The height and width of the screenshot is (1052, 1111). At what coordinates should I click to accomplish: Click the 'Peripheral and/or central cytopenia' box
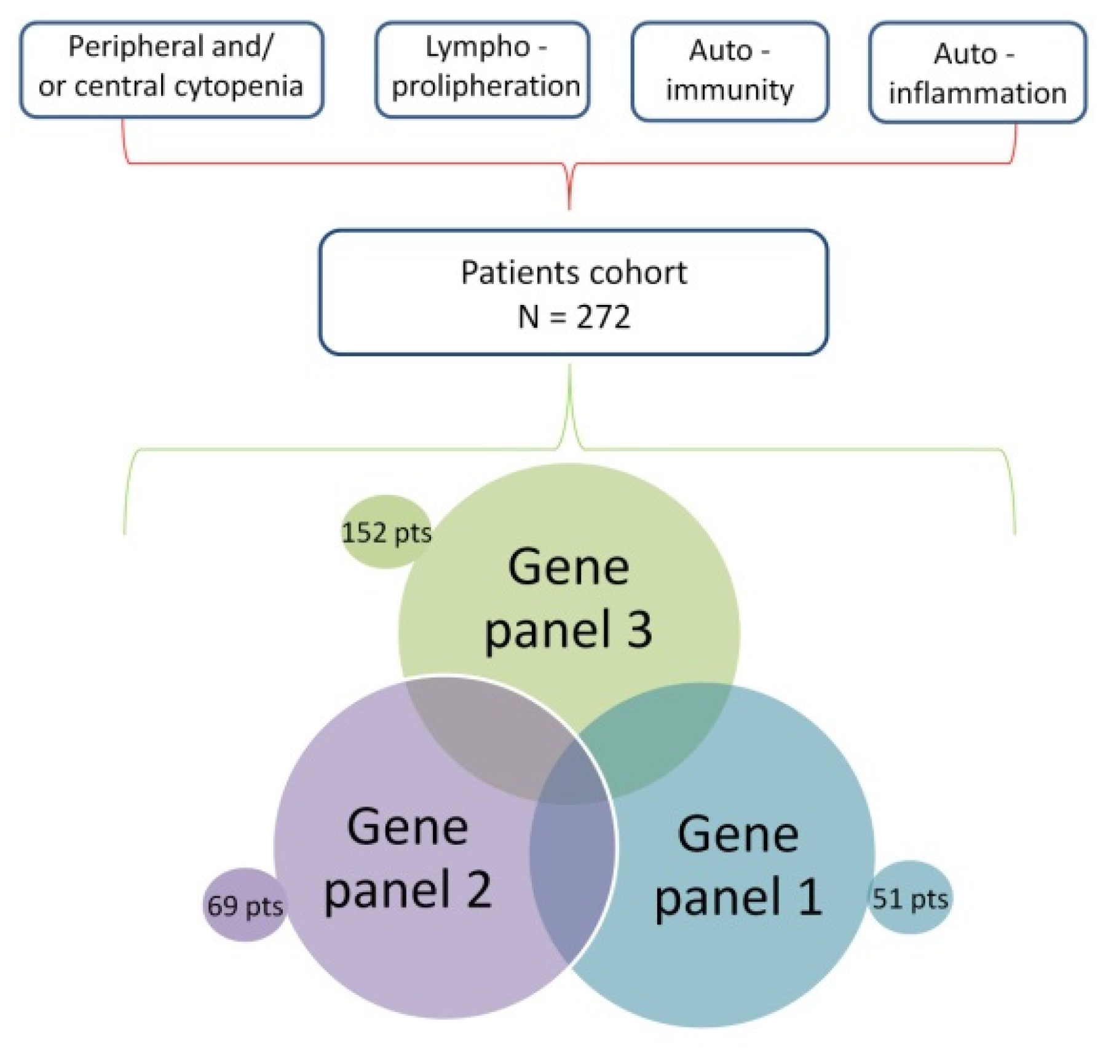coord(172,69)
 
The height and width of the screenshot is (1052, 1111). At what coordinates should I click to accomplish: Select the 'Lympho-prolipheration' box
coord(483,69)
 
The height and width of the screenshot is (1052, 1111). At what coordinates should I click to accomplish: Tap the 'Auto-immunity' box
coord(730,71)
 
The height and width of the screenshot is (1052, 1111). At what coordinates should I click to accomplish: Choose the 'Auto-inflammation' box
coord(978,72)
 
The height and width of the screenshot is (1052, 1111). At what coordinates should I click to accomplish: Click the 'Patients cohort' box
coord(573,292)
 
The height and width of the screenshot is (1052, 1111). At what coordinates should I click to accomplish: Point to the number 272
coord(603,317)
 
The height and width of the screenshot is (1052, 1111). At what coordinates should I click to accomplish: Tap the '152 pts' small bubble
coord(386,532)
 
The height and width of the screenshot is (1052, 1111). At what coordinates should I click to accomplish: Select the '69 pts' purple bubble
coord(245,904)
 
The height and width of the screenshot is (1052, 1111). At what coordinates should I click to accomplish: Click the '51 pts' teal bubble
coord(910,898)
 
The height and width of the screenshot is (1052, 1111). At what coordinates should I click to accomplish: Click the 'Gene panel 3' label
coord(569,598)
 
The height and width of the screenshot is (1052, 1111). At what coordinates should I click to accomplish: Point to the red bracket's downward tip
coord(569,208)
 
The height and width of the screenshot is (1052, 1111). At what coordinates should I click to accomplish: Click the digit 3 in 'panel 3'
coord(639,630)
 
